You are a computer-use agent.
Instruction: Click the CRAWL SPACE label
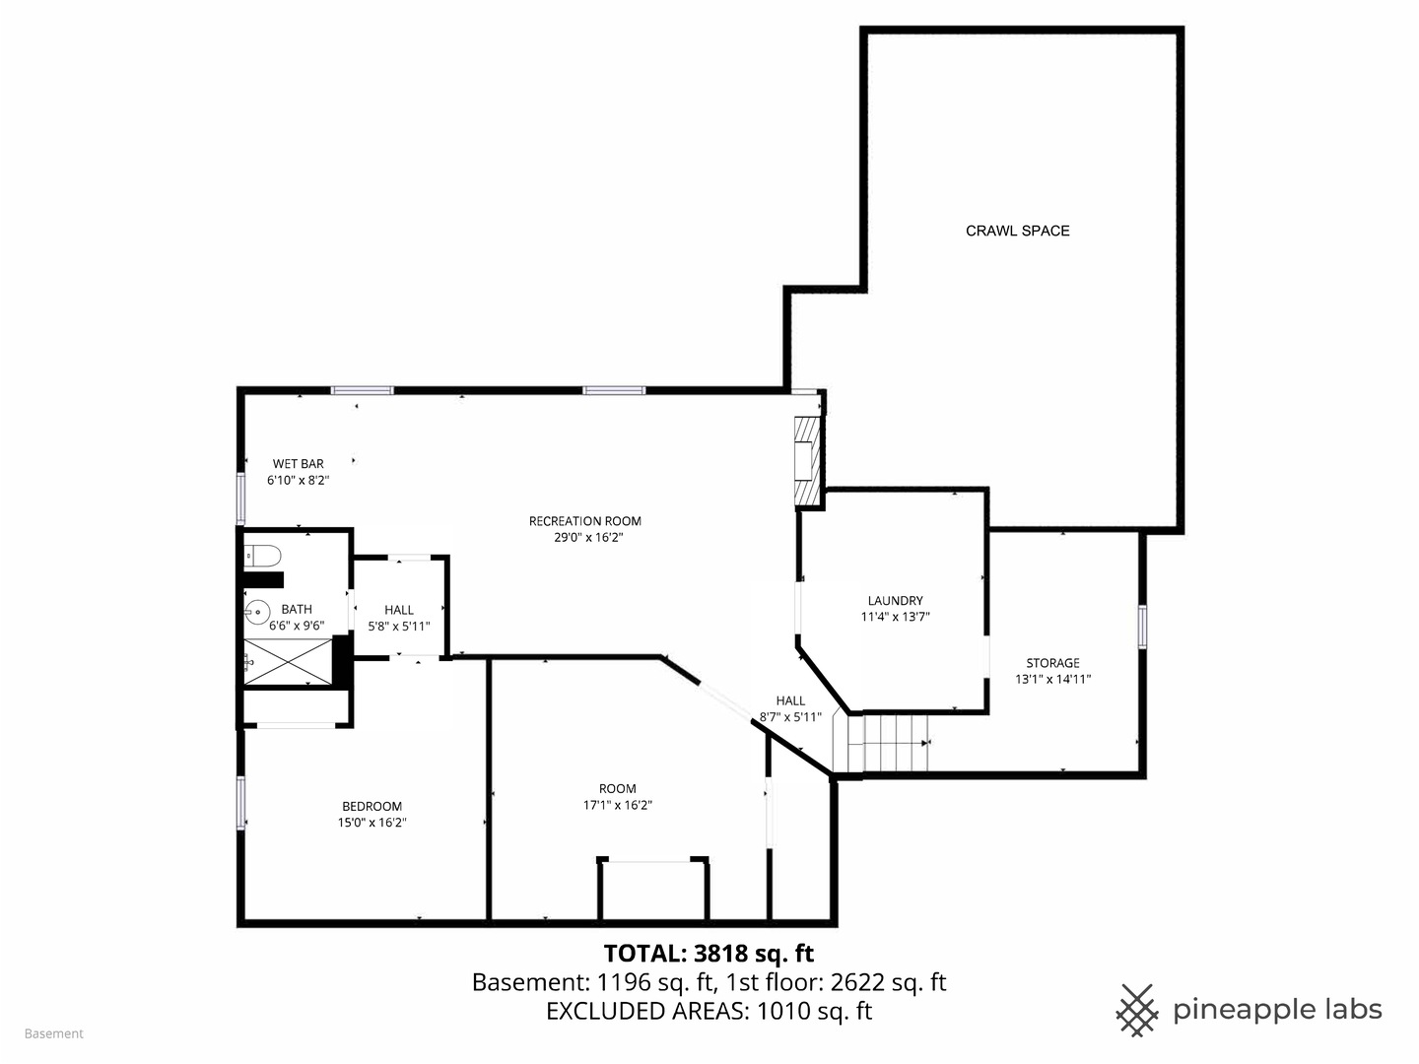coord(1017,231)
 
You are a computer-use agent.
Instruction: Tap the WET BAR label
coord(298,464)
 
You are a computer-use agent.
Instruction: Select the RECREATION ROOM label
coord(584,521)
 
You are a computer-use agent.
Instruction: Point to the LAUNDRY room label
coord(895,601)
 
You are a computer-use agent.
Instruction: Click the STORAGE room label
coord(1052,663)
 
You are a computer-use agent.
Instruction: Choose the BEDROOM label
coord(372,806)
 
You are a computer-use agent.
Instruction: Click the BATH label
coord(297,609)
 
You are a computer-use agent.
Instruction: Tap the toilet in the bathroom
coord(263,556)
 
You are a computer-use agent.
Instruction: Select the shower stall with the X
coord(288,661)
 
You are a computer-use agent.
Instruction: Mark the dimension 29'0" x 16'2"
coord(588,538)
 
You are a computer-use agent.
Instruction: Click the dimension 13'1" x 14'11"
coord(1052,679)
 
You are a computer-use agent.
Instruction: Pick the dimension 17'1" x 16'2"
coord(618,805)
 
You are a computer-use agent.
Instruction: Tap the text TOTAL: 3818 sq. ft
coord(709,953)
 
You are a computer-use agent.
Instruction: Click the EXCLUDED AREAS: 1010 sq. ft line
coord(709,1011)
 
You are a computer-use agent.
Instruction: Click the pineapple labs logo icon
coord(1137,1010)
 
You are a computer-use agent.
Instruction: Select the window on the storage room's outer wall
coord(1142,627)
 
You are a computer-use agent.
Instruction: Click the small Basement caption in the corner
coord(54,1033)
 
